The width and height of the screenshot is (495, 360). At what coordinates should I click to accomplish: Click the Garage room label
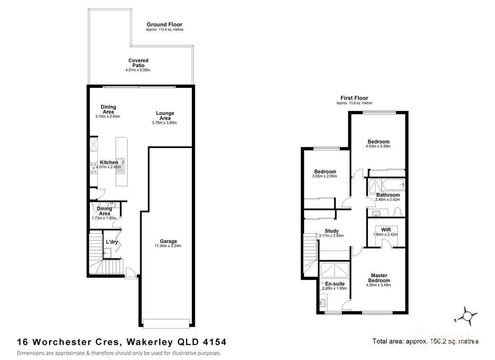[x=168, y=241]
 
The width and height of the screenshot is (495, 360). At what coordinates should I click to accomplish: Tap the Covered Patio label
[x=138, y=63]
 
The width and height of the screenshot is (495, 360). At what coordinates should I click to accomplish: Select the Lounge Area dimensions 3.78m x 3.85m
[x=165, y=123]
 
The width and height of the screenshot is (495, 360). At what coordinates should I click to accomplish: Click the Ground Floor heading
[x=164, y=25]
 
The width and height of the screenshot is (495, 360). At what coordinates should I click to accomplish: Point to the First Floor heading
[x=354, y=98]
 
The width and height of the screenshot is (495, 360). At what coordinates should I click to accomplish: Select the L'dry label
[x=112, y=242]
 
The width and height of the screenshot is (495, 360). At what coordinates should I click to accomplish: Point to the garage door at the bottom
[x=167, y=323]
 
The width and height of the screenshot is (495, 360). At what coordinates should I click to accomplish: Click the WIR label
[x=386, y=229]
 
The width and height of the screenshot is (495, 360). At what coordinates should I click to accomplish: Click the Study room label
[x=332, y=231]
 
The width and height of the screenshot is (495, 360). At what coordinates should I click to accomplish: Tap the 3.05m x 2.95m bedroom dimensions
[x=325, y=176]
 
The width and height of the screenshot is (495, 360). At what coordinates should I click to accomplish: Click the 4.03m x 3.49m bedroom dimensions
[x=378, y=146]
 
